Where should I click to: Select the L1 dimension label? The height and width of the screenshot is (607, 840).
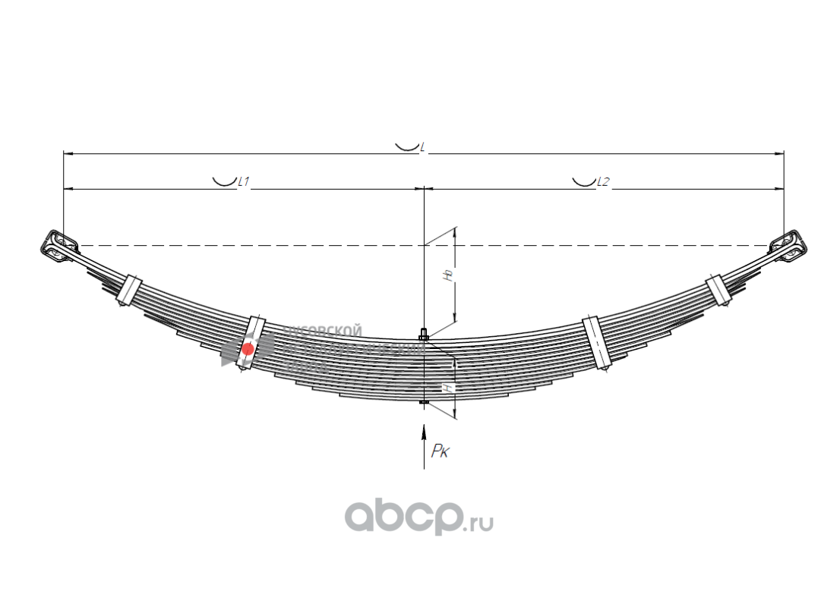pyautogui.click(x=244, y=181)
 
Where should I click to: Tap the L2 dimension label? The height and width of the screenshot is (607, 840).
pyautogui.click(x=603, y=181)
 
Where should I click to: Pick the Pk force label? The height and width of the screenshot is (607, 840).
pyautogui.click(x=441, y=452)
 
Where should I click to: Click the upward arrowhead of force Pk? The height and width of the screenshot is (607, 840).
pyautogui.click(x=424, y=432)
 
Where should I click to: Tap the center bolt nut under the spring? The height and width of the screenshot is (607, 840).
pyautogui.click(x=424, y=402)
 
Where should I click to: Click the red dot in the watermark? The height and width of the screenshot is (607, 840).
pyautogui.click(x=248, y=349)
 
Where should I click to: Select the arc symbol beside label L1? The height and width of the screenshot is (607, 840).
pyautogui.click(x=223, y=181)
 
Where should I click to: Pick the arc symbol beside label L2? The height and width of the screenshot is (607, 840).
pyautogui.click(x=583, y=181)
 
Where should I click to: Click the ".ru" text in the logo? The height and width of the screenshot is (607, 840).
pyautogui.click(x=480, y=522)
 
